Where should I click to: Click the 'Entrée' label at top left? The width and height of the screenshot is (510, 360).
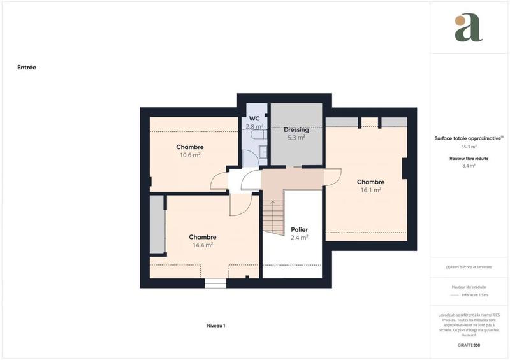click(x=27, y=66)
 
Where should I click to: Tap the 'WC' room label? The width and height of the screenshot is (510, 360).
click(x=254, y=119)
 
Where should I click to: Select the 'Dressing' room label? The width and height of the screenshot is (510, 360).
click(x=296, y=129)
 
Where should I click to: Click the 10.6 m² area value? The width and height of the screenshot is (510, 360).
click(x=190, y=154)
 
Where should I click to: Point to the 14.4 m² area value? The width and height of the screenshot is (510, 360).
click(x=202, y=244)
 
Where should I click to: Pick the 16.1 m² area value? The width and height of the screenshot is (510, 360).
click(x=370, y=189)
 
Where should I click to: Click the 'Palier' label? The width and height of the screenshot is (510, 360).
click(x=300, y=229)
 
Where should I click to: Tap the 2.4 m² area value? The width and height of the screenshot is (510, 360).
click(x=300, y=238)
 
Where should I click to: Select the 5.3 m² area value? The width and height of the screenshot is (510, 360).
click(x=296, y=137)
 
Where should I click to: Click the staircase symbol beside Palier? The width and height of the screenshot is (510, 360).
click(x=273, y=217)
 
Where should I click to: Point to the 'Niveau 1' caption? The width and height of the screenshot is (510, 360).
click(x=216, y=326)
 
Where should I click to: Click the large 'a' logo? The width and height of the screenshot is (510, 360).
click(x=469, y=28)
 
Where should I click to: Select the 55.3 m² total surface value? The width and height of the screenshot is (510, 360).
click(x=469, y=147)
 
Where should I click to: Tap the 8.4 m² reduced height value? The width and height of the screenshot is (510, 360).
click(x=469, y=166)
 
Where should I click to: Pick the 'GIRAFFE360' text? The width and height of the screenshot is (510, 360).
click(x=469, y=345)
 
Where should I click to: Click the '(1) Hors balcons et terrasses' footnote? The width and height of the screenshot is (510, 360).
click(x=469, y=267)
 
